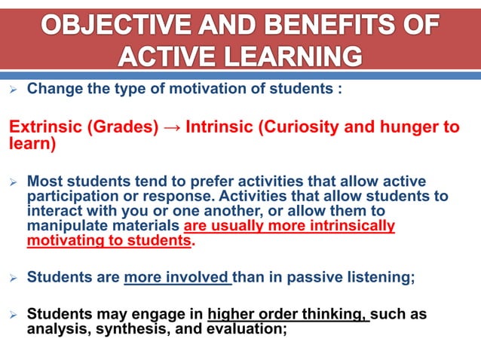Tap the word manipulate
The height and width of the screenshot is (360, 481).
click(63, 226)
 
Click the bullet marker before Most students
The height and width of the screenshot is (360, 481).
click(12, 182)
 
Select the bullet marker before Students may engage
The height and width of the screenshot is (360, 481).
click(12, 315)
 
